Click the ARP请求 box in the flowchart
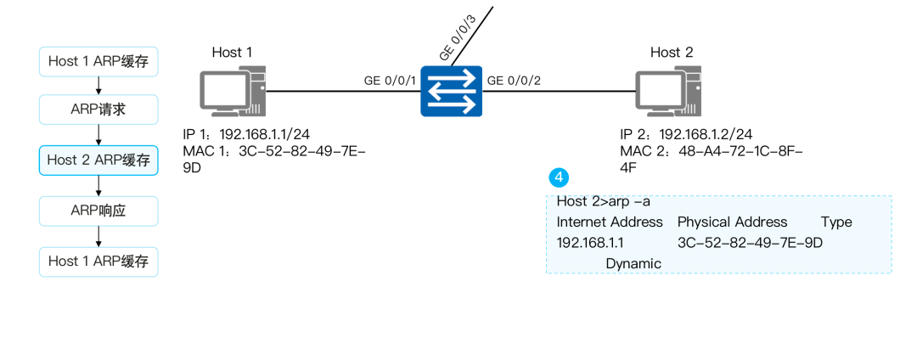(x=98, y=110)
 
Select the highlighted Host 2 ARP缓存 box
(x=98, y=160)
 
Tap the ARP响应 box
(x=98, y=210)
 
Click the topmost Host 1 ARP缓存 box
(x=98, y=60)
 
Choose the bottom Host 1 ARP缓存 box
(x=98, y=261)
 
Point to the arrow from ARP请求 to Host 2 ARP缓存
(x=99, y=135)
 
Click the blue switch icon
(x=451, y=91)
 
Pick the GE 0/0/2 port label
(x=514, y=81)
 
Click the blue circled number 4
(x=559, y=177)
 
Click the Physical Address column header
(x=732, y=222)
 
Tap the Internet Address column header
(x=609, y=222)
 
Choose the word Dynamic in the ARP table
(x=633, y=263)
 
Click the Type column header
(x=835, y=222)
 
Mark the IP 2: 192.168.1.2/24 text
(x=686, y=134)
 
